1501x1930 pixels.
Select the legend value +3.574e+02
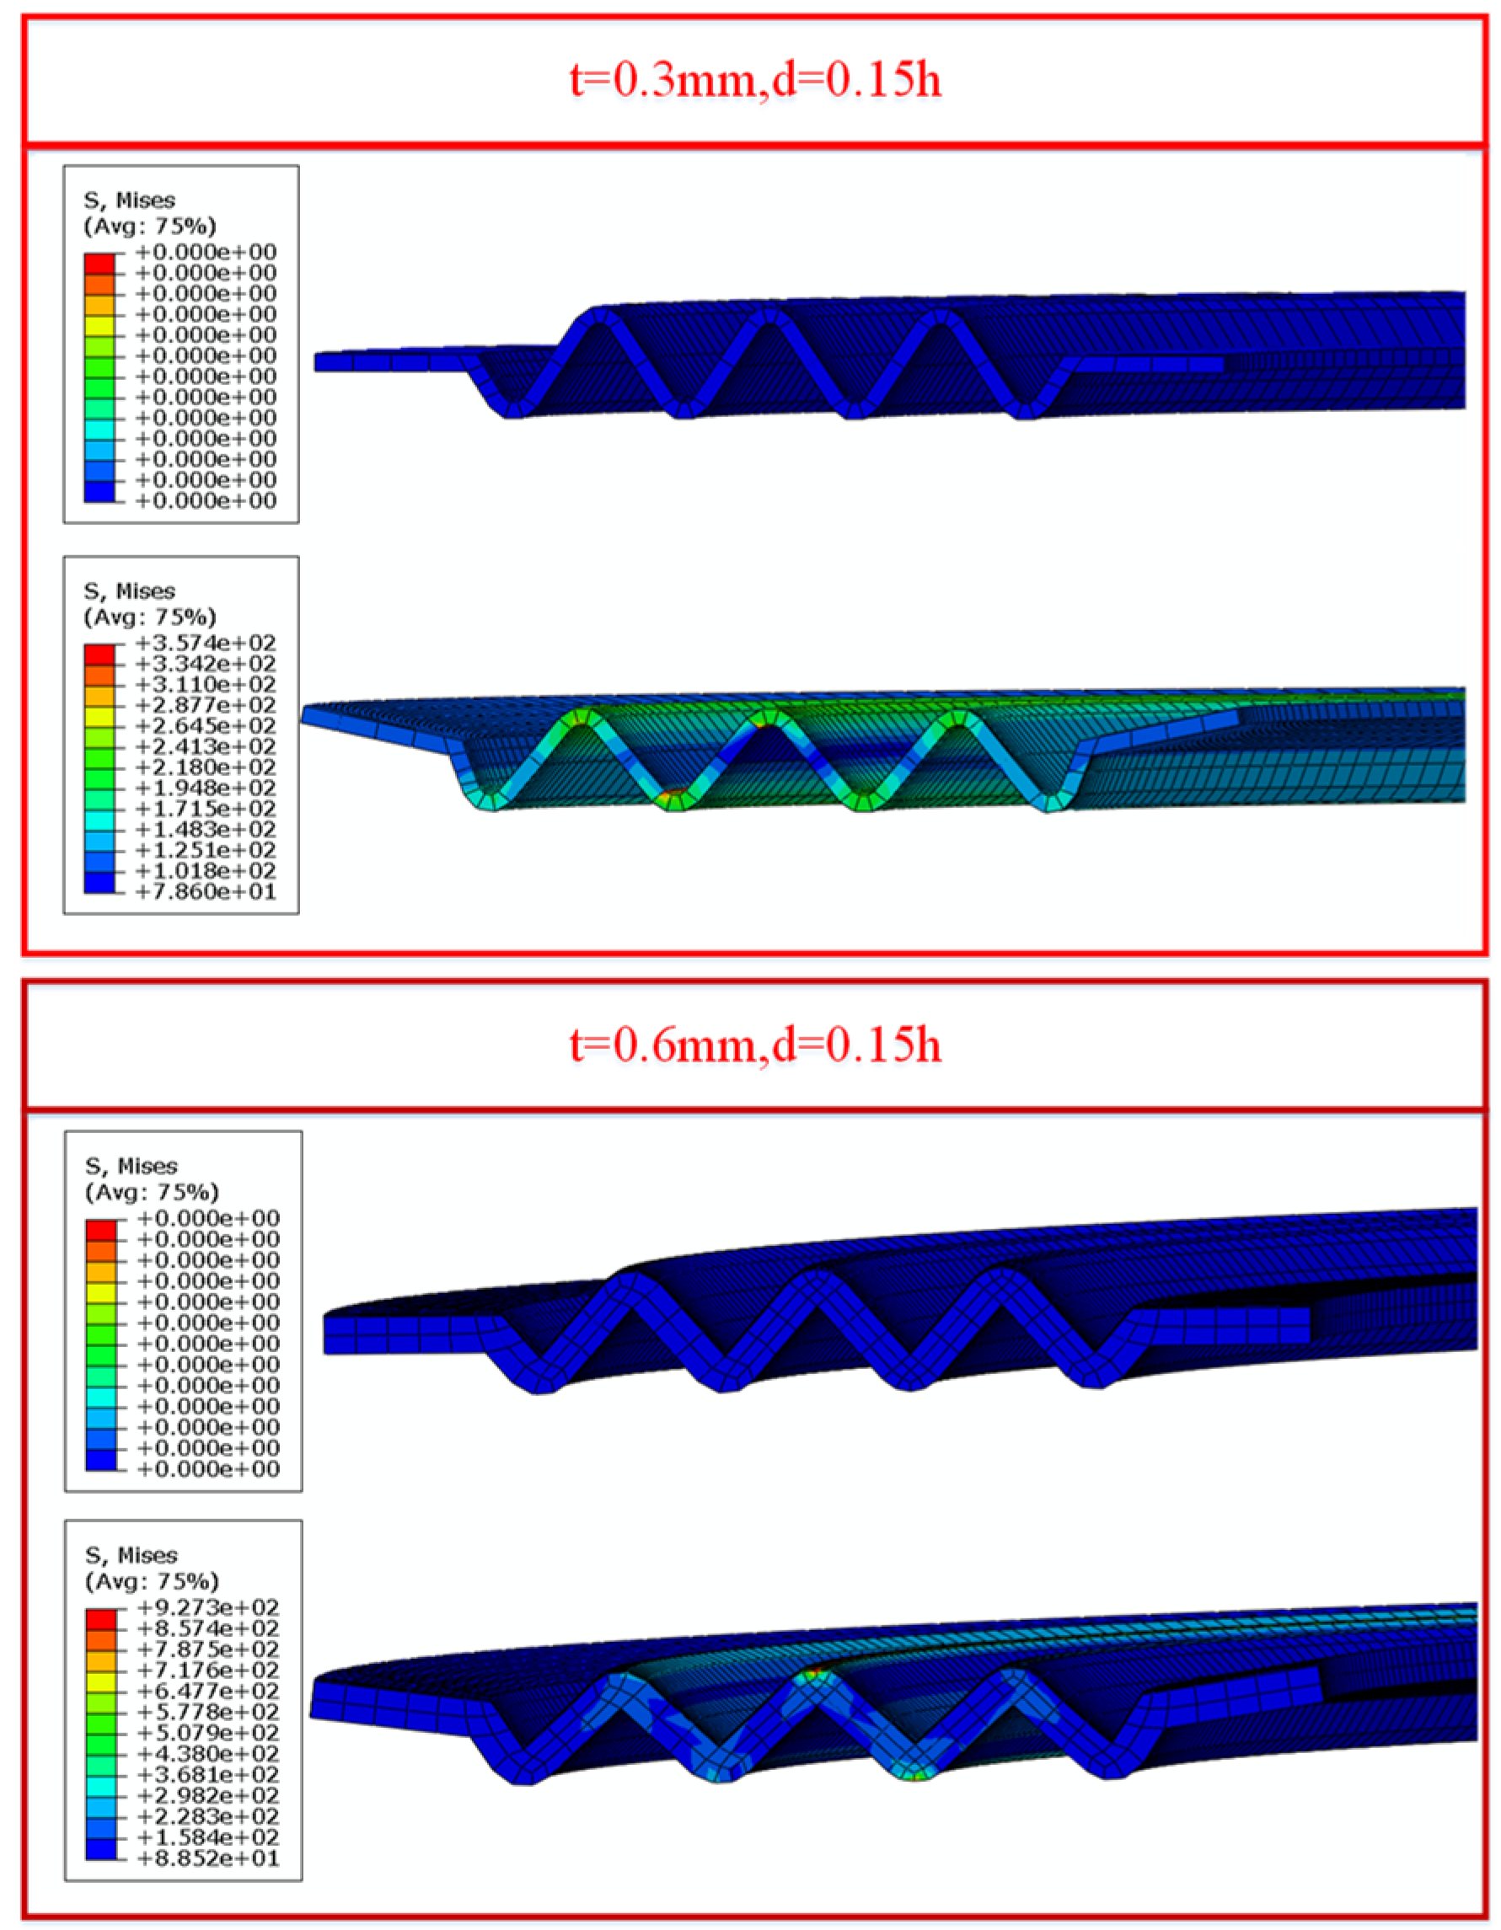[206, 643]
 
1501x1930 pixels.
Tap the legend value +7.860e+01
[206, 891]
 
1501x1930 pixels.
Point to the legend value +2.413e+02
[206, 746]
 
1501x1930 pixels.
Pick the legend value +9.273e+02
[209, 1607]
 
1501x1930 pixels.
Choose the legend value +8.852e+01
[209, 1858]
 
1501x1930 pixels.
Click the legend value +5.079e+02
[209, 1733]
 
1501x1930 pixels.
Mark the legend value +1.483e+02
[206, 830]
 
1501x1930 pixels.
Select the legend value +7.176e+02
[209, 1671]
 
